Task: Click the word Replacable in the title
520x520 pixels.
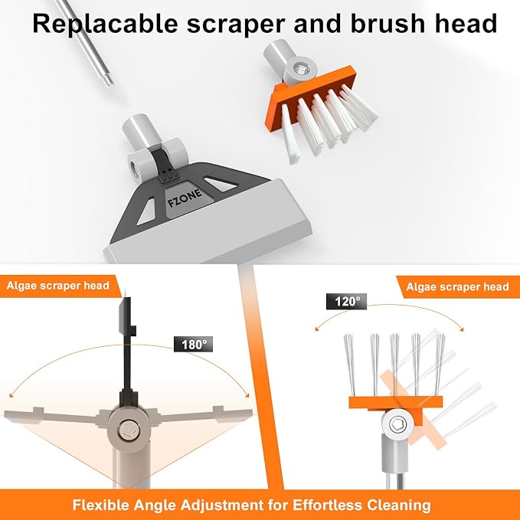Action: tap(106, 24)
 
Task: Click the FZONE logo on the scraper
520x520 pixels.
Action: tap(185, 198)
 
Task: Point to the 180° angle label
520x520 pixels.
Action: tap(193, 344)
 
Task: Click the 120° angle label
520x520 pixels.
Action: tap(347, 302)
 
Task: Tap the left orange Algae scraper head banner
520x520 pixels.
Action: tap(60, 286)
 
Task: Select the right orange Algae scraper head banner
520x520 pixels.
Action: tap(458, 287)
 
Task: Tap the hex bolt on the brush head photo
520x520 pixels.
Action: tap(301, 70)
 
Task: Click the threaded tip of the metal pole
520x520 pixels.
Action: tap(108, 79)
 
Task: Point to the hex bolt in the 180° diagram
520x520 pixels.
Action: tap(128, 430)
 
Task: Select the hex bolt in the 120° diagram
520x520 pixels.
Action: tap(397, 424)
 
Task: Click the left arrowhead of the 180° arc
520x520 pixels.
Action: tap(11, 395)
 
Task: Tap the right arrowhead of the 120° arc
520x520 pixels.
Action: tap(461, 329)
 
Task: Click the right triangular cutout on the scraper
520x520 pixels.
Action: tap(220, 185)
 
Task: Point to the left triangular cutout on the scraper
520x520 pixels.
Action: tap(147, 212)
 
